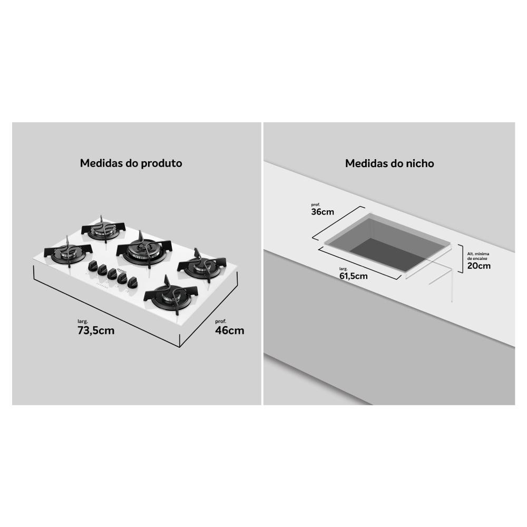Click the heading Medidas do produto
point(131,163)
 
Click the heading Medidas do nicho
point(389,163)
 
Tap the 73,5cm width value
point(96,330)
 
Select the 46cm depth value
point(230,330)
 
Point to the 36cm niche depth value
point(323,212)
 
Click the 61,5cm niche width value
point(353,276)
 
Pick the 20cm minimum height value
point(479,266)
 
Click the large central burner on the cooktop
point(144,251)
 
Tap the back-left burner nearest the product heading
point(103,230)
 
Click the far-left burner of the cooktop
point(68,252)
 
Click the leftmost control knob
point(93,266)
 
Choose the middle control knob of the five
point(112,274)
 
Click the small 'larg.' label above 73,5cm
point(83,321)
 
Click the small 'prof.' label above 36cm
point(316,204)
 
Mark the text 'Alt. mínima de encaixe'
point(479,256)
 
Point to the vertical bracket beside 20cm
point(461,258)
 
